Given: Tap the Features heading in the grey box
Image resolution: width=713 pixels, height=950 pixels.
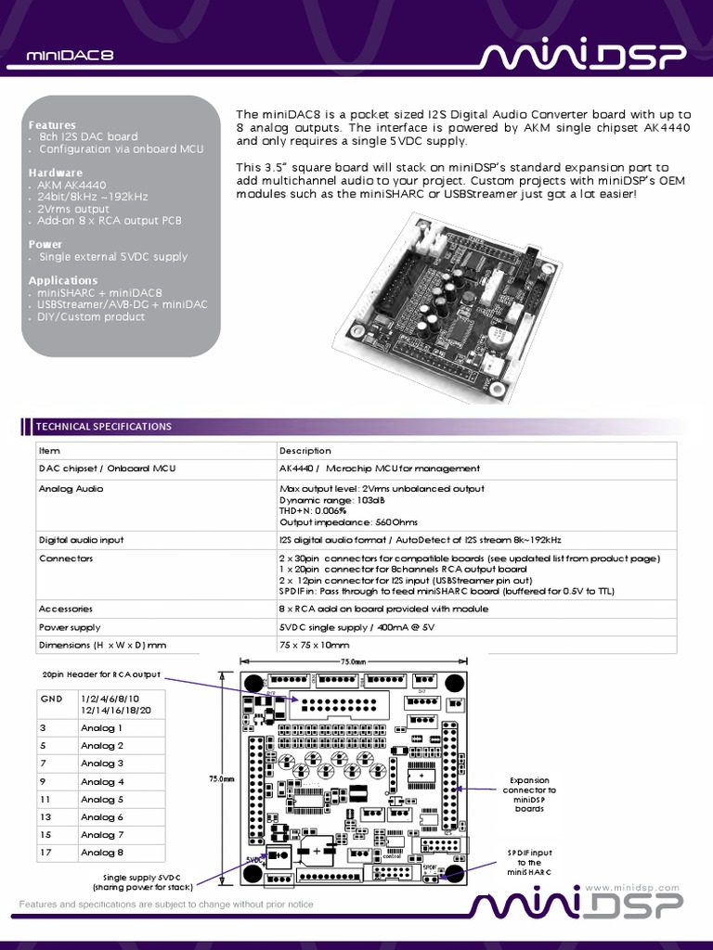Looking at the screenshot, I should tap(52, 124).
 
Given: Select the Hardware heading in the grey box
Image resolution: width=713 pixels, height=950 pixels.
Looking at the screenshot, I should tap(55, 173).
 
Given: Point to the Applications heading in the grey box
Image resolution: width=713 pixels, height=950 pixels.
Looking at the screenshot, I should tap(62, 280).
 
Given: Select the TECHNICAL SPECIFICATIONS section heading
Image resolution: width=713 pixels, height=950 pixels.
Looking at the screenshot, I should tap(103, 427).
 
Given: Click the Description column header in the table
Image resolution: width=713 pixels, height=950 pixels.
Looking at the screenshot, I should tap(305, 451).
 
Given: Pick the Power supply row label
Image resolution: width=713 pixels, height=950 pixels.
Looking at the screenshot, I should tap(70, 627).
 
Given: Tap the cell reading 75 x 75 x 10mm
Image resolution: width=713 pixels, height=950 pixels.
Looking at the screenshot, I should tap(314, 645).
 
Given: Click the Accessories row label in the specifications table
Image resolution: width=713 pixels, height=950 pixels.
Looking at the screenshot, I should tap(65, 609).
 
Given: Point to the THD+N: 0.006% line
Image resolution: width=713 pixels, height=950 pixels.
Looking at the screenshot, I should tap(313, 510).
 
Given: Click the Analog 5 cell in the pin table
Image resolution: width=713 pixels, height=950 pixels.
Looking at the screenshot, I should tap(102, 799).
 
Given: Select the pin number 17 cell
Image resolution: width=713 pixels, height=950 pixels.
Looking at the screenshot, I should tap(45, 853).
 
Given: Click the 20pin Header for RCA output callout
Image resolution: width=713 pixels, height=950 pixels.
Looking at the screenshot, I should tap(101, 674).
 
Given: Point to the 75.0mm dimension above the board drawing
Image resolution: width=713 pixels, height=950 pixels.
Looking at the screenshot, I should tap(353, 661).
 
